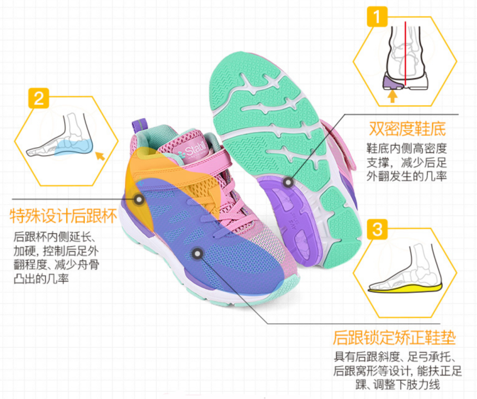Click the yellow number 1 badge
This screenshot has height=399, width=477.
[377, 16]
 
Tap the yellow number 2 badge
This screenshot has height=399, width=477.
[39, 99]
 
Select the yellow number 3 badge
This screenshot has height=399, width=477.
[377, 229]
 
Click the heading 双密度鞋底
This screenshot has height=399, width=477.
[407, 129]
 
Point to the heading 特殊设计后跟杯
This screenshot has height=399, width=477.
[63, 216]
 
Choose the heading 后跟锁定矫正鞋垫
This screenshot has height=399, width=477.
[394, 337]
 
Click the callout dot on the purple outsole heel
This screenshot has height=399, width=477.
[288, 183]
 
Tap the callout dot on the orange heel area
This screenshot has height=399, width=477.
[139, 199]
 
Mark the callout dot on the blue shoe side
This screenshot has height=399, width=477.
[198, 253]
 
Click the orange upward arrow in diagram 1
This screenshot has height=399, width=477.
[392, 96]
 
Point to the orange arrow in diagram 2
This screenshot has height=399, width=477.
[100, 156]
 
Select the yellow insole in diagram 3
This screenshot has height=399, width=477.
[404, 288]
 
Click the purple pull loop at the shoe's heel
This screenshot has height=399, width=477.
[140, 128]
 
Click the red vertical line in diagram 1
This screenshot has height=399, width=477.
[405, 54]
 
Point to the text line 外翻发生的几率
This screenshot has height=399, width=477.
[407, 176]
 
